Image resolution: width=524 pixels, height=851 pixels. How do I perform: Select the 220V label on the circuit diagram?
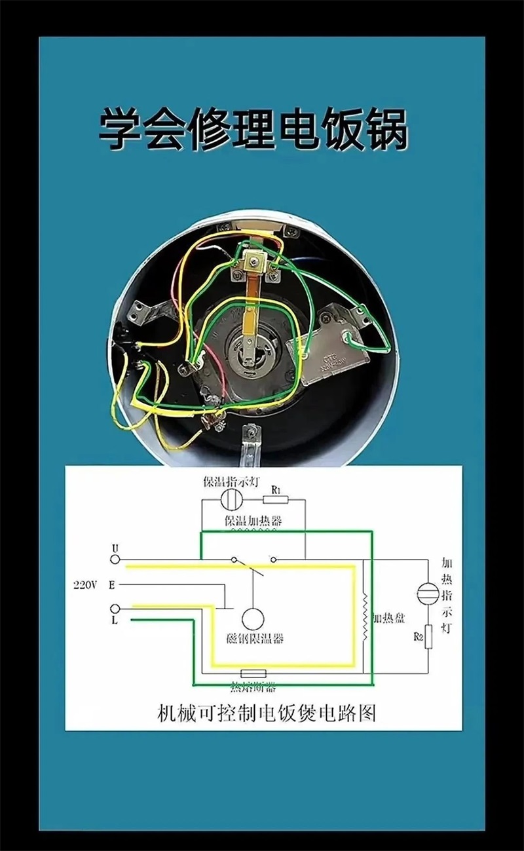[86, 584]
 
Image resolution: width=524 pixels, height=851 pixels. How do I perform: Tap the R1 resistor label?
[276, 490]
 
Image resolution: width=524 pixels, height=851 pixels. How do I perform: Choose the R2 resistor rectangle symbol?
[429, 638]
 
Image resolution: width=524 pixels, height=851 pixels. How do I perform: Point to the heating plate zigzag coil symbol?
[365, 618]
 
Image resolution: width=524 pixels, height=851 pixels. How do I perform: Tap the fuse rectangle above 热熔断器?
[253, 673]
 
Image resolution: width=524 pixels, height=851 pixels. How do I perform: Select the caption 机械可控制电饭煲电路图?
[267, 712]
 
